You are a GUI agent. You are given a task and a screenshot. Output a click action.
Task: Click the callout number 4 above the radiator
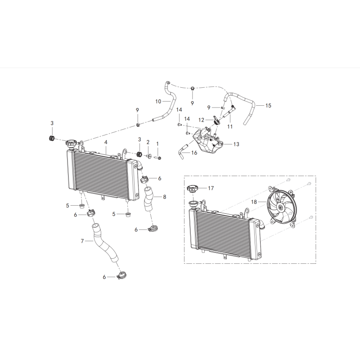pos(105,142)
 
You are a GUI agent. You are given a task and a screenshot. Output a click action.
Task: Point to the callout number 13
pos(237,144)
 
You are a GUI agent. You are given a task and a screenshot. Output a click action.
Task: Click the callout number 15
pos(268,106)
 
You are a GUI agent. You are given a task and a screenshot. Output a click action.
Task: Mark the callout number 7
pos(82,241)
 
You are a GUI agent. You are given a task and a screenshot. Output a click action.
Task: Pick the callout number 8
pos(164,197)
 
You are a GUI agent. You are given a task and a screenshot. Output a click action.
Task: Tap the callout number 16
pos(194,153)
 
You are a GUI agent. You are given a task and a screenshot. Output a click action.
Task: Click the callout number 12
pos(202,120)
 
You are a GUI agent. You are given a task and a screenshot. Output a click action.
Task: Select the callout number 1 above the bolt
pos(157,144)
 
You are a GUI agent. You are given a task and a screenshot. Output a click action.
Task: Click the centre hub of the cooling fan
pos(281,207)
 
